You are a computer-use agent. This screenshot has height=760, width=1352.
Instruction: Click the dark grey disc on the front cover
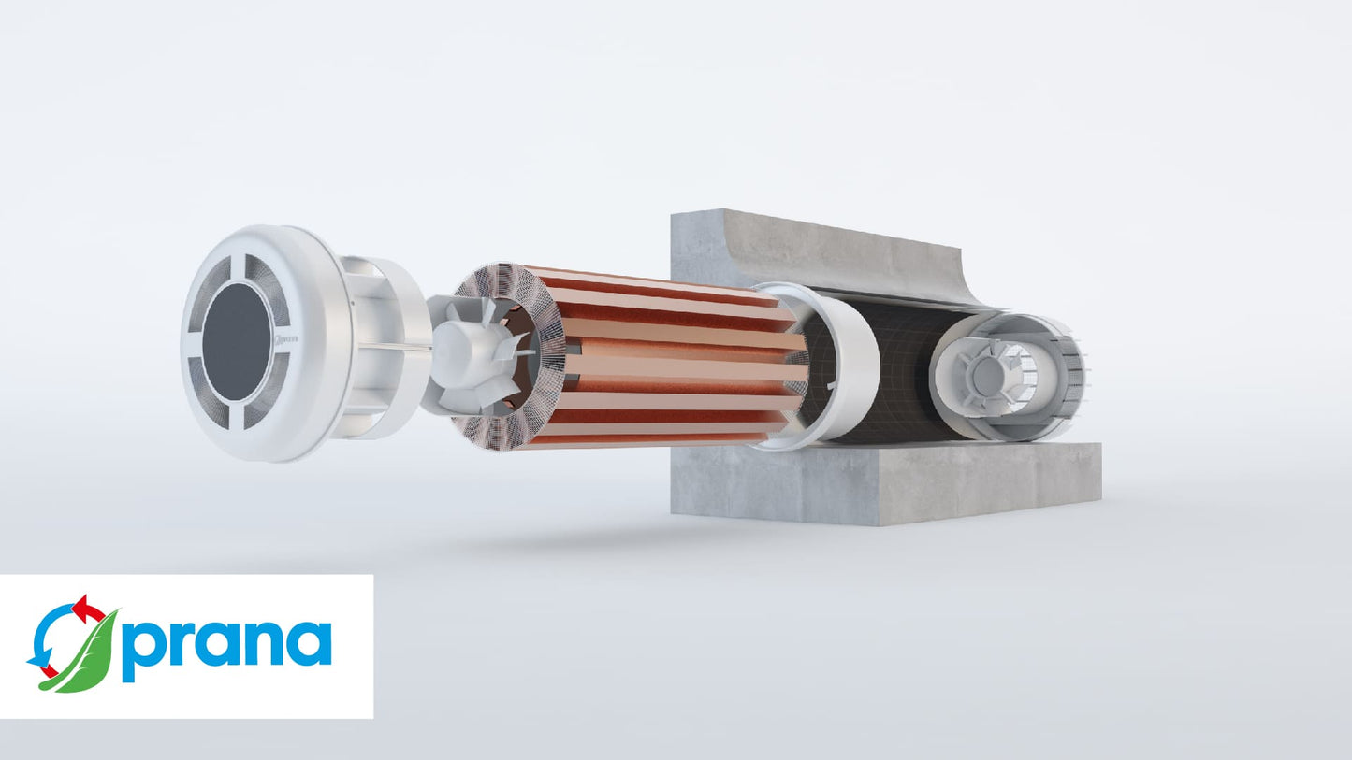pos(237,341)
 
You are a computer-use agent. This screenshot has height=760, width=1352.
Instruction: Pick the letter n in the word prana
pos(261,643)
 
